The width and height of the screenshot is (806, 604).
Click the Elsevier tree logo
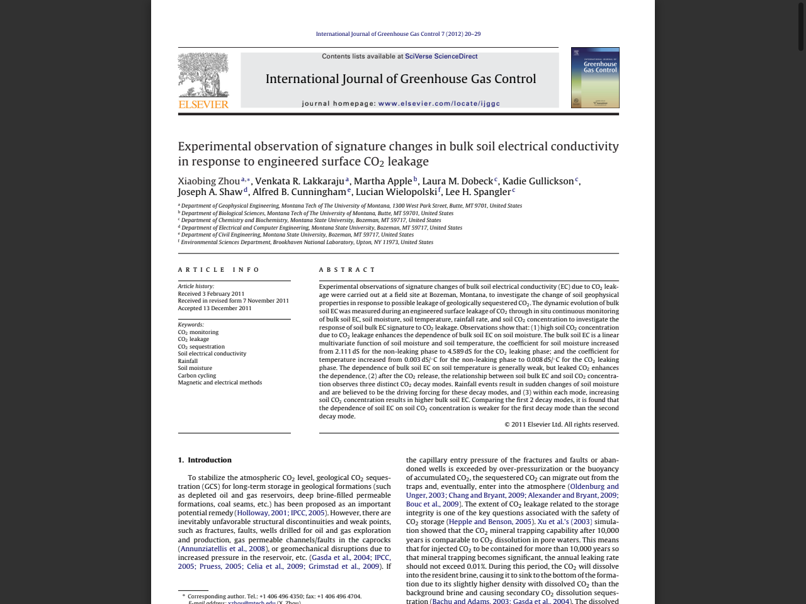pyautogui.click(x=203, y=75)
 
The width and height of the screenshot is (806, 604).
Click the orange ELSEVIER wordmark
pyautogui.click(x=203, y=104)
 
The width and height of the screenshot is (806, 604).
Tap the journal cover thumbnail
pyautogui.click(x=595, y=77)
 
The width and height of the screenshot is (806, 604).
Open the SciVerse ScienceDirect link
pyautogui.click(x=441, y=57)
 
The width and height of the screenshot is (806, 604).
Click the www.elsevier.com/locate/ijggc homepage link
pyautogui.click(x=439, y=104)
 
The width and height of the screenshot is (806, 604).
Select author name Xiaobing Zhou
pyautogui.click(x=209, y=181)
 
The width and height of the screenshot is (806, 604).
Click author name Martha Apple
pyautogui.click(x=382, y=181)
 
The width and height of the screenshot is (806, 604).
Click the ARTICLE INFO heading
pyautogui.click(x=219, y=270)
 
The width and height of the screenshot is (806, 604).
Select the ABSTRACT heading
pyautogui.click(x=347, y=270)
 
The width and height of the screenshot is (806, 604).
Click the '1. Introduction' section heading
pyautogui.click(x=205, y=460)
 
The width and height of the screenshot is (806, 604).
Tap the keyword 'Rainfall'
pyautogui.click(x=188, y=361)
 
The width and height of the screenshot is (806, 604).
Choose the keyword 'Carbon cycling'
pyautogui.click(x=196, y=376)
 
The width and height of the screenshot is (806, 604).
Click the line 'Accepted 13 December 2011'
pyautogui.click(x=214, y=308)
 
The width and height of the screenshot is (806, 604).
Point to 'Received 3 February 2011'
pyautogui.click(x=211, y=294)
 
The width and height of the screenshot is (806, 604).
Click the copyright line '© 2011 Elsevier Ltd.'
pyautogui.click(x=561, y=425)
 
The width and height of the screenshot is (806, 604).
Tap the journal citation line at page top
pyautogui.click(x=398, y=34)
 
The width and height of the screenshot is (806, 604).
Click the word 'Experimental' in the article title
pyautogui.click(x=214, y=147)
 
